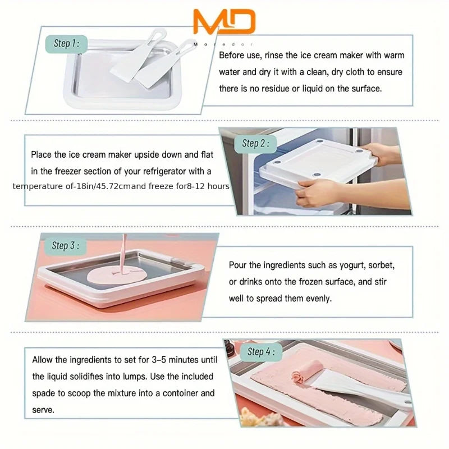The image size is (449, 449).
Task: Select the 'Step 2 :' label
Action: (x=255, y=143)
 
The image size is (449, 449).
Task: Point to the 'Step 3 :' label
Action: (x=65, y=245)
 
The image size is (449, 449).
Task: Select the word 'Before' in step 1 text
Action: (x=232, y=56)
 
